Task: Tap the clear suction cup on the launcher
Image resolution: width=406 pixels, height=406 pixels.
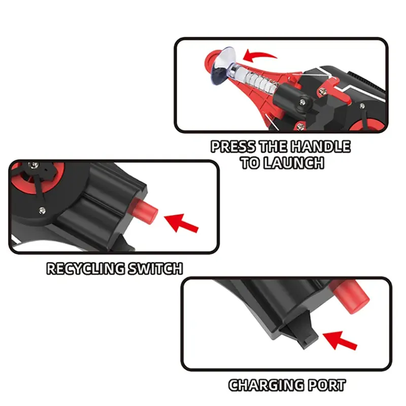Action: pyautogui.click(x=223, y=66)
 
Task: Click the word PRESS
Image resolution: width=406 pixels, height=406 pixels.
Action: pyautogui.click(x=233, y=147)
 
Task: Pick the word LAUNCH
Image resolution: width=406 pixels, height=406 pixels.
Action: pyautogui.click(x=294, y=163)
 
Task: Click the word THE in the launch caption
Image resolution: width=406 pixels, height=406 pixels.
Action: pyautogui.click(x=273, y=147)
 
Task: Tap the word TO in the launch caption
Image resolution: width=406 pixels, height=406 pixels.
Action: pyautogui.click(x=250, y=163)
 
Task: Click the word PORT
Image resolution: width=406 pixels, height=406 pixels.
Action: pyautogui.click(x=326, y=385)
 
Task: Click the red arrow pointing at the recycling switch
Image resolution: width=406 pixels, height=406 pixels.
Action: pyautogui.click(x=181, y=223)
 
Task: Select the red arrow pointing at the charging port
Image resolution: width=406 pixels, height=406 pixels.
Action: pyautogui.click(x=340, y=340)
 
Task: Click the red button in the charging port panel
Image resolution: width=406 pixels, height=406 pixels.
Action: pyautogui.click(x=350, y=296)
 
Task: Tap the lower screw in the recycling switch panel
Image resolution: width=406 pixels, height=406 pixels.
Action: pyautogui.click(x=42, y=210)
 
